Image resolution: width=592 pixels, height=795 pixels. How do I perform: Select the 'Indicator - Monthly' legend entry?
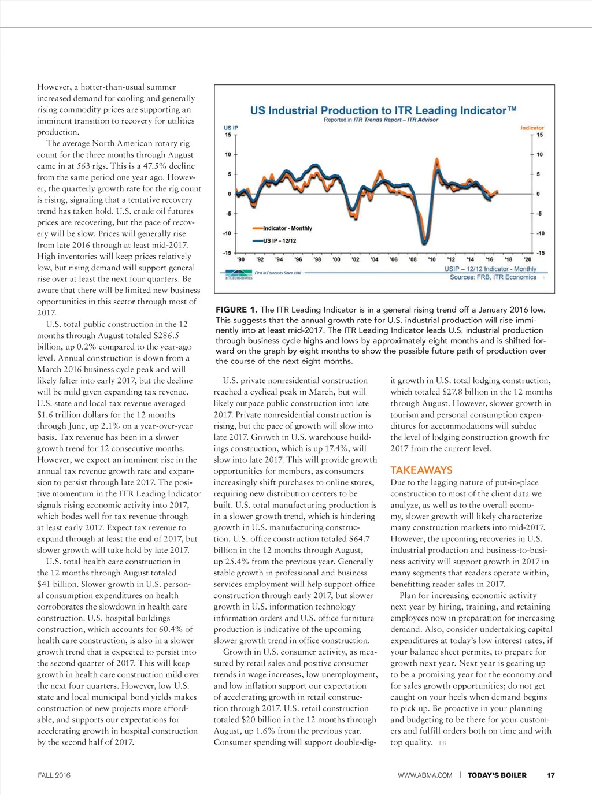pos(287,228)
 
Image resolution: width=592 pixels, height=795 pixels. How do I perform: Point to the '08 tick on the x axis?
pos(413,259)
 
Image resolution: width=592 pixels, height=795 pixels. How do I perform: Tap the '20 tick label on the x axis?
pos(527,259)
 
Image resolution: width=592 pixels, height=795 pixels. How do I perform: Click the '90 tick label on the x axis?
pos(241,259)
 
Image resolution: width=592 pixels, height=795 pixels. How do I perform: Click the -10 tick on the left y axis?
pos(227,233)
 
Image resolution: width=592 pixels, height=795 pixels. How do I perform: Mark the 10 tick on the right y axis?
pos(539,154)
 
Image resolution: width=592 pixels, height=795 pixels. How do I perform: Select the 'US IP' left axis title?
pos(231,128)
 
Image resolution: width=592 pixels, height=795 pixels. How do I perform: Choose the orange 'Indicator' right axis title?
pos(532,128)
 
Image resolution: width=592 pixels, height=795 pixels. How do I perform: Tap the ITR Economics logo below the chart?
pos(239,274)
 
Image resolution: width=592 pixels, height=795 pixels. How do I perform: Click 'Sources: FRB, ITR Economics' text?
pos(493,277)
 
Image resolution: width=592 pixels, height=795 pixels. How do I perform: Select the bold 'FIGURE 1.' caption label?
pos(236,310)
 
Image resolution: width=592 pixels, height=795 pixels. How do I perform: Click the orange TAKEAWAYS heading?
pos(421,470)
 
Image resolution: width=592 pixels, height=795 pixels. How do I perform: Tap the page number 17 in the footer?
pos(551,775)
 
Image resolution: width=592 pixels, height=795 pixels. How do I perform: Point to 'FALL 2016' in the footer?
pos(54,775)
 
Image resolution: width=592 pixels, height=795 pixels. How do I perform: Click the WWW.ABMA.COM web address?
pos(425,775)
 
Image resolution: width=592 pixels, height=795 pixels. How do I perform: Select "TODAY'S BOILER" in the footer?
pos(497,775)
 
